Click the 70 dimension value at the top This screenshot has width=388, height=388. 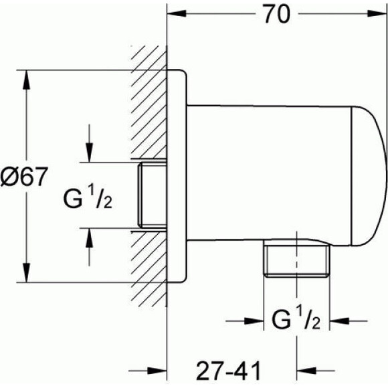pos(277,14)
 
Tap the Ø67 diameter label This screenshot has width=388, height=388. pos(23,177)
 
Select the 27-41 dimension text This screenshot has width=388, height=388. pos(228,371)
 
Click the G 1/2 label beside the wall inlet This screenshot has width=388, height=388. pos(88,199)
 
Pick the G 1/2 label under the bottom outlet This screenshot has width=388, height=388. pos(296,320)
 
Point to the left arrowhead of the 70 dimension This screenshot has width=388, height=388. pos(177,13)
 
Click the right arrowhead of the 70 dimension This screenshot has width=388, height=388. pos(377,13)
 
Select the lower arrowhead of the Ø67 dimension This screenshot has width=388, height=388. pos(26,272)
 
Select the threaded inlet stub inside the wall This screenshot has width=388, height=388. pos(152,195)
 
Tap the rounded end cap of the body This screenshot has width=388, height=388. pos(369,176)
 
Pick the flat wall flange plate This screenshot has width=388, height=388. pos(177,176)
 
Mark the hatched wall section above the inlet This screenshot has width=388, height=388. pos(149,102)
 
